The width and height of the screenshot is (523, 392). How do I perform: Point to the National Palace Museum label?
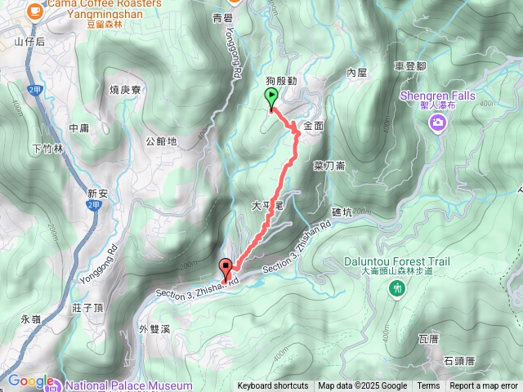coord(131,385)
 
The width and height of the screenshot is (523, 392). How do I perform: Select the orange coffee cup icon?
coord(34,9)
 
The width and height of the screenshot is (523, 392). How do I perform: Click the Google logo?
coord(31,381)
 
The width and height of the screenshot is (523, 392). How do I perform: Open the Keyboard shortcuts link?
coord(273,386)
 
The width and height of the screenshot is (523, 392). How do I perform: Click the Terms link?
coord(428,386)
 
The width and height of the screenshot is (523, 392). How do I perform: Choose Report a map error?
coord(484,386)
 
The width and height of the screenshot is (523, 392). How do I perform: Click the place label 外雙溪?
coord(154,329)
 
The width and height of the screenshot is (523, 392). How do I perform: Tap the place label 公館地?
coord(161,140)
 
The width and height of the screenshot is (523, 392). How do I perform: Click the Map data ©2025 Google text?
coord(363,386)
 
